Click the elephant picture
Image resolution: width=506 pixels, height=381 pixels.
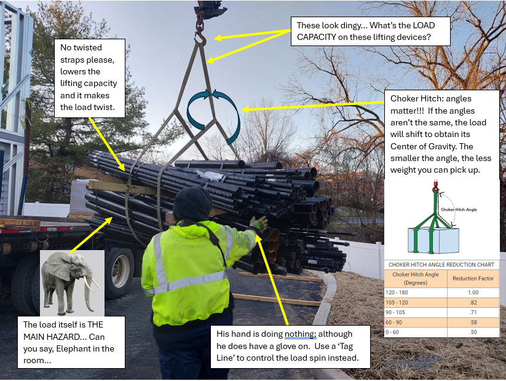(x=72, y=283)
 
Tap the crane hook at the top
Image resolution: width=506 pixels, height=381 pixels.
(x=200, y=36)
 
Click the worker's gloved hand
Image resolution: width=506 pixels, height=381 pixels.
(x=258, y=223)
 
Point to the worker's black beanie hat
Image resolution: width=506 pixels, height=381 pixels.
(x=192, y=204)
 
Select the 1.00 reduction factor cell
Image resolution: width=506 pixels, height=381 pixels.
(x=473, y=293)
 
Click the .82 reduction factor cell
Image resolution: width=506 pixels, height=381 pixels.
(x=473, y=302)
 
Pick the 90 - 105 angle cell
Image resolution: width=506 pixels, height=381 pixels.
(x=416, y=312)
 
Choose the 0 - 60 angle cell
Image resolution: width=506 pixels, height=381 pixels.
(x=416, y=332)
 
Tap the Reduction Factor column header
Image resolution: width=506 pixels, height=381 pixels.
(x=473, y=278)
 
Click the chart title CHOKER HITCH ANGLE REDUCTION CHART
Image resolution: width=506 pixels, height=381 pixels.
(x=441, y=265)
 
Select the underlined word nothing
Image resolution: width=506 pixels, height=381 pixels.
(x=300, y=334)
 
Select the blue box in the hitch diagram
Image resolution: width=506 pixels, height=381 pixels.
(x=433, y=240)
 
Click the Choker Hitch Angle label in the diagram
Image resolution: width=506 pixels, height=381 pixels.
(x=459, y=210)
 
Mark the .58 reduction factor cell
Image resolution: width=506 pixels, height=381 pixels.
(x=473, y=322)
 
